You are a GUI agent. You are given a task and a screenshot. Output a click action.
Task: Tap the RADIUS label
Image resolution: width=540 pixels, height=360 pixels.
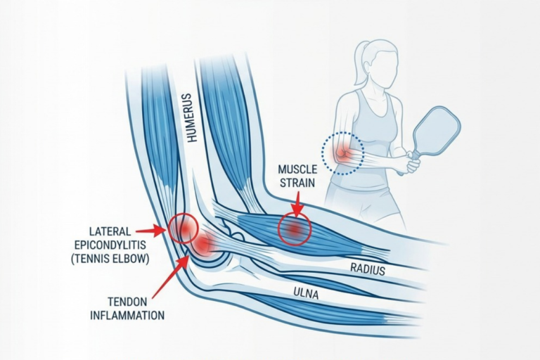click(x=368, y=269)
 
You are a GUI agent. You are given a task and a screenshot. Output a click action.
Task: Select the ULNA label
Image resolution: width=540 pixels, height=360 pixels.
click(x=306, y=294)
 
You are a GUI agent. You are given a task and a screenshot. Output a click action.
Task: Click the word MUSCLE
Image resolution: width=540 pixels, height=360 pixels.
click(x=297, y=169)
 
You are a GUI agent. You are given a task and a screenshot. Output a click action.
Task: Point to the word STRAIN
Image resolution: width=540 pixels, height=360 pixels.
click(x=297, y=183)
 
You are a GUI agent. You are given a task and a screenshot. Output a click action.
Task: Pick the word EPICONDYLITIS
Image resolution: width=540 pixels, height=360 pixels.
click(x=110, y=245)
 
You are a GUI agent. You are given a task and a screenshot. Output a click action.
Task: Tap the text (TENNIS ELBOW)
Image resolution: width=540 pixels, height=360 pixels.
click(x=110, y=258)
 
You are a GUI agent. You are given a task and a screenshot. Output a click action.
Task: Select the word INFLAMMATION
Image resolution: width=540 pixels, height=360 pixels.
click(x=127, y=315)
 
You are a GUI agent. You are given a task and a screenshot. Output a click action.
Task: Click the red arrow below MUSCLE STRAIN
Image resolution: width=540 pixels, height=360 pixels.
click(x=297, y=204)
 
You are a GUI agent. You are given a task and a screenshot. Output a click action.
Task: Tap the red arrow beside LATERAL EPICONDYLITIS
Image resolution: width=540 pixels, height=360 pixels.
click(x=150, y=231)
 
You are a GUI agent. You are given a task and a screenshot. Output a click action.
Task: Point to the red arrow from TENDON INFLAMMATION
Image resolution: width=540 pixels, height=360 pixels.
click(x=170, y=277)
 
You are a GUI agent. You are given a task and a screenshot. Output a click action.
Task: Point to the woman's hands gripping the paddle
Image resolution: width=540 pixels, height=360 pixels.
click(x=412, y=162)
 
